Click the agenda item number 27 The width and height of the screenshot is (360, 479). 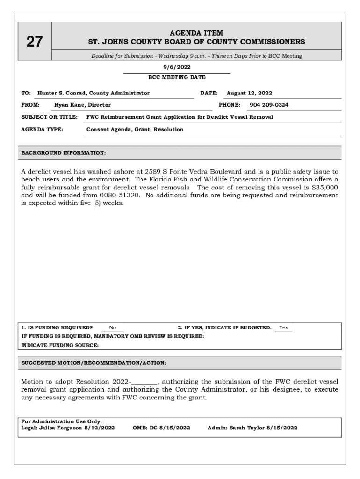pos(34,42)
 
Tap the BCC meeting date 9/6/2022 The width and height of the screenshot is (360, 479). pos(177,67)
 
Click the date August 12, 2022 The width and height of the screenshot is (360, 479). pos(249,93)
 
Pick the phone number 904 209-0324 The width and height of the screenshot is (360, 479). pos(269,105)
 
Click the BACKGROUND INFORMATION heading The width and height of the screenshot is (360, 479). pos(64,153)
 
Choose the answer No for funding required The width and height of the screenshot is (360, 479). pos(113,328)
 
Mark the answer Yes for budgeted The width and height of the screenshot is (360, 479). pos(283,328)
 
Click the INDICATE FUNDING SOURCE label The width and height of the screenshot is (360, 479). pos(60,345)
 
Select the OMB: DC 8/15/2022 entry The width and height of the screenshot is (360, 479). pos(162,428)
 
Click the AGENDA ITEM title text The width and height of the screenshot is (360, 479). pos(196,33)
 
